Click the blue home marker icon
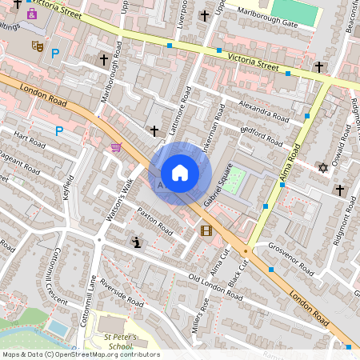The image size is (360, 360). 180,173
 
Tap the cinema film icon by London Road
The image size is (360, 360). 206,231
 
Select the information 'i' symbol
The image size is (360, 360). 136,242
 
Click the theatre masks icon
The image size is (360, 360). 36,47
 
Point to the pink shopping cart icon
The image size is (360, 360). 117,147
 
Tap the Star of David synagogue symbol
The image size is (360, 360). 323,167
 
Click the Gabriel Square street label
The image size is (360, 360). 217,186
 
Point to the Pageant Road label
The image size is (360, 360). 19,163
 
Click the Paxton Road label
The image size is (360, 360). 154,222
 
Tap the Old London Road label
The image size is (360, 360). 214,286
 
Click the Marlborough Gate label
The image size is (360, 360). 266,24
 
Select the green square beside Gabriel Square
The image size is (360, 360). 232,182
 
